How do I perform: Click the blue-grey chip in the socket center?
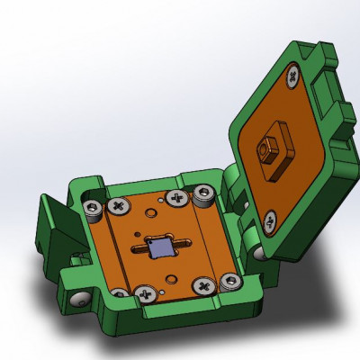pos(162,246)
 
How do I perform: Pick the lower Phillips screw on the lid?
pos(269,218)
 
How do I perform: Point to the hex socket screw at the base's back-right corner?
pos(205,192)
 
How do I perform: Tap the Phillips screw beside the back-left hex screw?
pos(116,206)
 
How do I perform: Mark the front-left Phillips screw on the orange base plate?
pos(143,292)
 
